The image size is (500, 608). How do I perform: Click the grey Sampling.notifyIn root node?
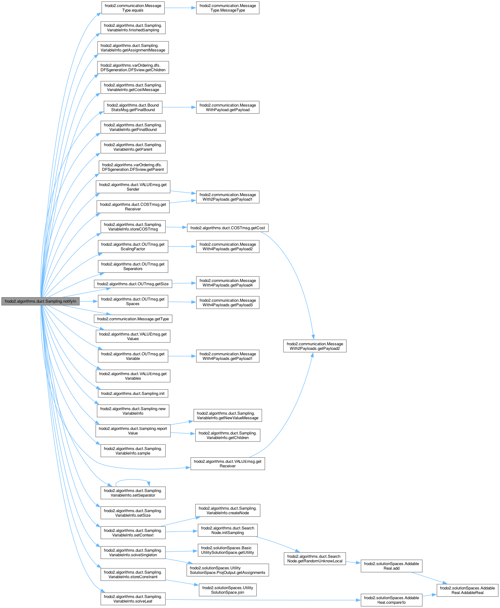point(40,301)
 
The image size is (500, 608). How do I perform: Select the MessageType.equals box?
point(133,8)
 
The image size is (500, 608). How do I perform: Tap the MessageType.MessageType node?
point(228,8)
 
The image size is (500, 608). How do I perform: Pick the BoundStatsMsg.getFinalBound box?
point(133,107)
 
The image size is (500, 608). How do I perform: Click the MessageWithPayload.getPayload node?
point(228,107)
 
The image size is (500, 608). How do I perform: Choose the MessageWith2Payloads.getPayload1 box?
point(228,197)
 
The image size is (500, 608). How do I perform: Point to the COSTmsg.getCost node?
point(228,228)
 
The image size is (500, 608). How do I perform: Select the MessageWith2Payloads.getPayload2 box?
point(315,346)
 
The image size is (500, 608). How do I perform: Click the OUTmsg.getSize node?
point(133,284)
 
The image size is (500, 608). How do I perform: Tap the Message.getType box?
point(133,319)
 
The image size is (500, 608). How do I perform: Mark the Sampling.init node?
point(133,394)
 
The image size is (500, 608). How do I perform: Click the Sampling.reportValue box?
point(133,431)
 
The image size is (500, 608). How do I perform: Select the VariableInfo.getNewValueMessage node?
point(228,416)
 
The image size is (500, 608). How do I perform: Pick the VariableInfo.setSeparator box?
point(133,493)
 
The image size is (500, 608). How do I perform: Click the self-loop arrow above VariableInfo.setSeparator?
point(133,480)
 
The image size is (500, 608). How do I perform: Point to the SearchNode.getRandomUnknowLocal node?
point(315,559)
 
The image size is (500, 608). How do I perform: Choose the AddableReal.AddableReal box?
point(467,590)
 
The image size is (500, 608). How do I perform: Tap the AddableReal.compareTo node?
point(392,600)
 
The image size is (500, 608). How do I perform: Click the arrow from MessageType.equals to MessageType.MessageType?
point(180,8)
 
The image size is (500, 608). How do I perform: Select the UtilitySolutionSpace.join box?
point(228,590)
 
